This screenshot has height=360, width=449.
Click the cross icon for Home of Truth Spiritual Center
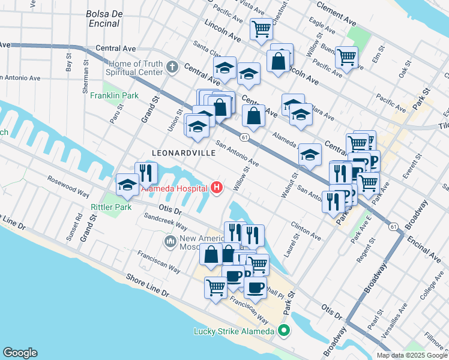pos(172,67)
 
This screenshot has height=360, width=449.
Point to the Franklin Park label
pos(114,95)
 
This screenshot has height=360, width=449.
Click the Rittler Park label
pos(110,208)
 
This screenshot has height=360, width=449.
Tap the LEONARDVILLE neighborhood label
pos(184,153)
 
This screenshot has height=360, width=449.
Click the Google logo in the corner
pos(20,353)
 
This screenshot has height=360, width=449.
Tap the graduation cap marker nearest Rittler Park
pos(127,186)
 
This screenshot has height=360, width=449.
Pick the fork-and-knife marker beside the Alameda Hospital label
pos(146,173)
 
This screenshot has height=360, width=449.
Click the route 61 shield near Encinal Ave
pos(393,226)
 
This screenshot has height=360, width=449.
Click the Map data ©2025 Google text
pos(412,355)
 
